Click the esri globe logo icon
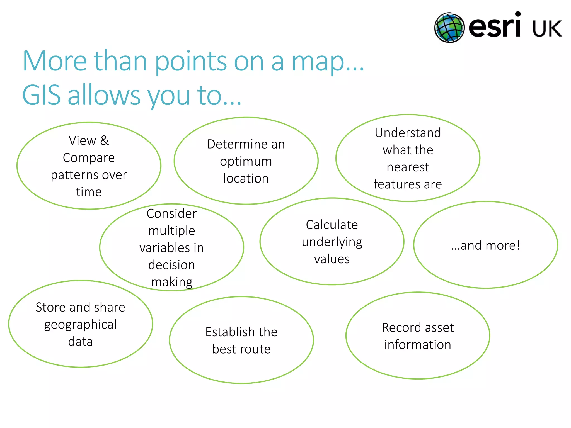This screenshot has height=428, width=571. (449, 28)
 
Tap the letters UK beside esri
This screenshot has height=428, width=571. (547, 29)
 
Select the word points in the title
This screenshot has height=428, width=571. (191, 62)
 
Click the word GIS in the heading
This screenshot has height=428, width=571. (41, 95)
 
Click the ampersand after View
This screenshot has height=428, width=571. (105, 140)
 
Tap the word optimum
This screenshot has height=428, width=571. (246, 161)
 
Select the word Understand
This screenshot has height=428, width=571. (408, 133)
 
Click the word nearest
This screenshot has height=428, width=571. (408, 167)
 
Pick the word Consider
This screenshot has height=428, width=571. (171, 214)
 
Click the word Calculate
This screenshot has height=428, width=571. (332, 225)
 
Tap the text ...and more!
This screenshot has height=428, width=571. (485, 245)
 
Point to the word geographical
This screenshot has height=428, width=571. (80, 325)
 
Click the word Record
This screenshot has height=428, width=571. (398, 327)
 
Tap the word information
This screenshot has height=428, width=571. (417, 345)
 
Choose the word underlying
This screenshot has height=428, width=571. (332, 242)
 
